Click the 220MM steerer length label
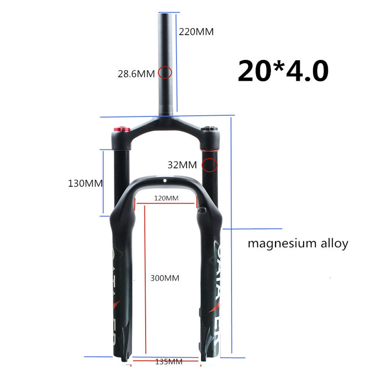[196, 32]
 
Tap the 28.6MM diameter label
[136, 73]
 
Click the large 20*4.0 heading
[283, 70]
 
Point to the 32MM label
[182, 165]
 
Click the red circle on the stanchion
[210, 165]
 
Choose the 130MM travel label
[85, 183]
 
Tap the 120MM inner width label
[166, 198]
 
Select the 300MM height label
[165, 278]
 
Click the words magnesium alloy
[298, 244]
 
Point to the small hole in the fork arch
[164, 180]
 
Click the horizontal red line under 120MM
[166, 202]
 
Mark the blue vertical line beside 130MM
[103, 183]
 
